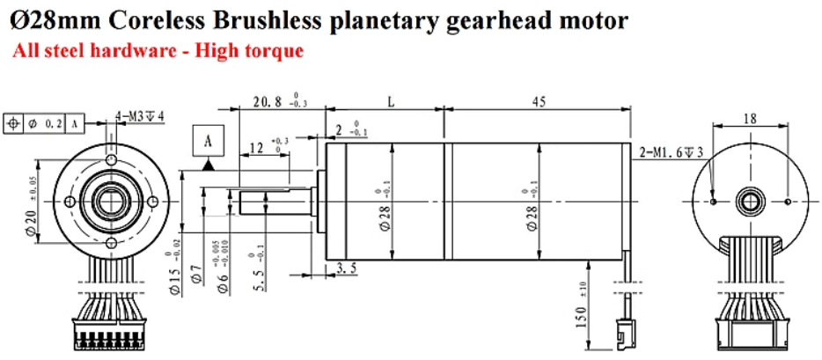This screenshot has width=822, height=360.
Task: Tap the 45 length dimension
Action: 538,102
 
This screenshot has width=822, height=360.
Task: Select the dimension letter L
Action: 391,102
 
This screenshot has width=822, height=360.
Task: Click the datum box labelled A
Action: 209,141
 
